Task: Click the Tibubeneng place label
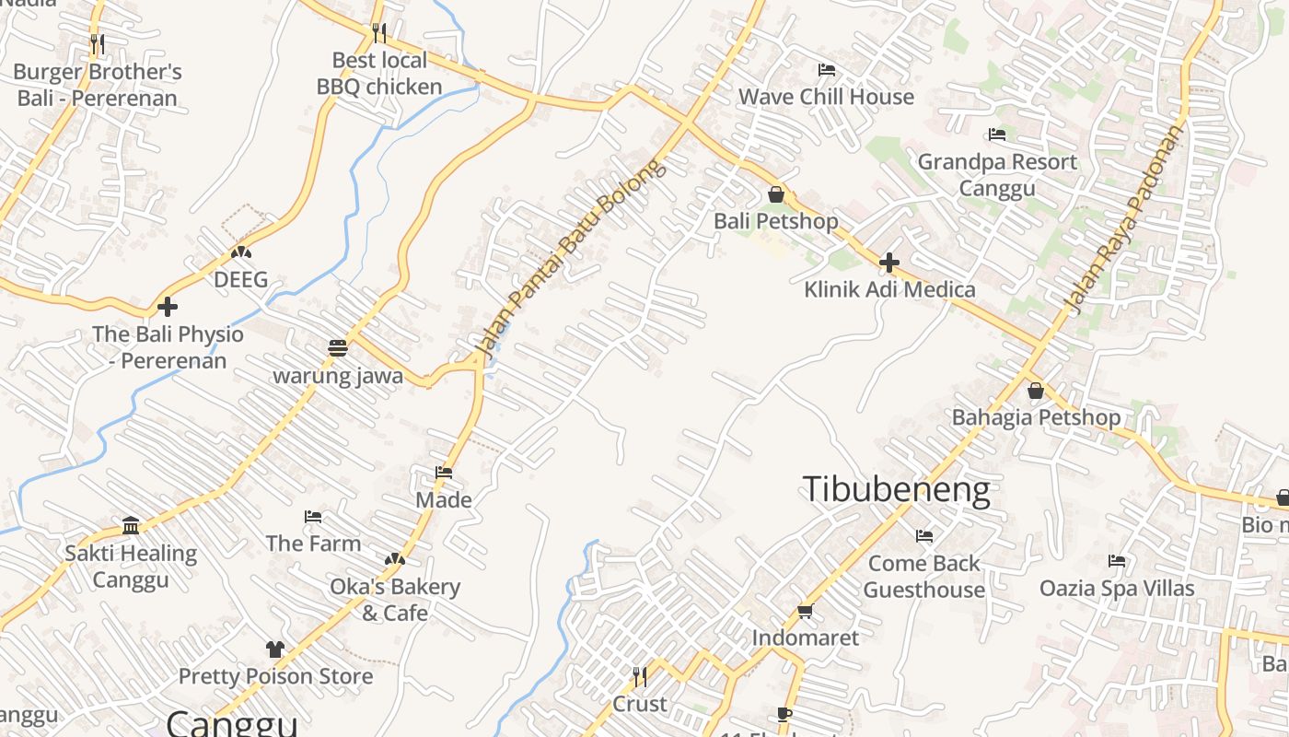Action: click(x=896, y=489)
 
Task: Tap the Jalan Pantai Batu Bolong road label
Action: click(x=569, y=258)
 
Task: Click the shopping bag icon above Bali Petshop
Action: click(x=776, y=194)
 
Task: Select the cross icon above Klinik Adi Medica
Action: click(x=888, y=263)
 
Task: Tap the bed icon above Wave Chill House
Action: click(x=826, y=70)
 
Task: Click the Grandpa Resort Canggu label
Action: click(x=997, y=175)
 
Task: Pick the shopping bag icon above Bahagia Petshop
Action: click(x=1035, y=391)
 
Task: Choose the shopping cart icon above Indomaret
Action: click(x=805, y=611)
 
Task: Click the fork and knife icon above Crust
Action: click(x=640, y=677)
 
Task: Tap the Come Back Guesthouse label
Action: click(x=924, y=576)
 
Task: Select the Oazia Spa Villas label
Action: click(x=1116, y=588)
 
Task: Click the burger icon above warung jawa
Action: click(x=338, y=348)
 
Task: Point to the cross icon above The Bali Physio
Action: click(x=168, y=306)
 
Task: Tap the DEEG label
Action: click(x=241, y=279)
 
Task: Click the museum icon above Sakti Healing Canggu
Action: click(x=131, y=525)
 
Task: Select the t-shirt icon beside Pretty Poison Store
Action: click(x=274, y=649)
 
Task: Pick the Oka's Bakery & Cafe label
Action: click(x=395, y=600)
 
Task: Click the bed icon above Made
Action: click(x=444, y=473)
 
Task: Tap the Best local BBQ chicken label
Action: click(x=379, y=74)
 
